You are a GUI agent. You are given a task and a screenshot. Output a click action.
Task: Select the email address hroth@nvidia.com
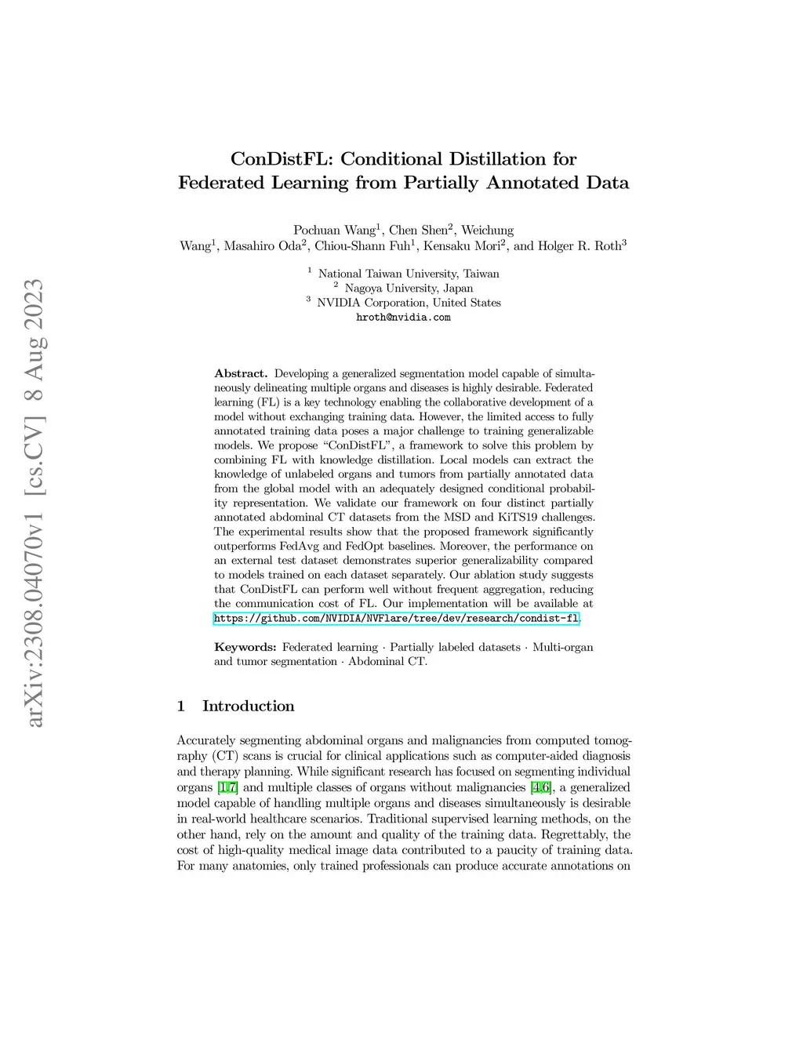(403, 318)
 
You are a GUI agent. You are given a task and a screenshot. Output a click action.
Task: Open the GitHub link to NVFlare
(396, 619)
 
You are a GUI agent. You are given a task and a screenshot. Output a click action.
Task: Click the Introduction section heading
(248, 706)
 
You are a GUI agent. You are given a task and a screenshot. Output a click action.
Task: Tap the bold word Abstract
(241, 373)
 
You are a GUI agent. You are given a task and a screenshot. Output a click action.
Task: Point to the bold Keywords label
(245, 647)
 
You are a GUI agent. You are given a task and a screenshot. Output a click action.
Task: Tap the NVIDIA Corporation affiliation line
(408, 303)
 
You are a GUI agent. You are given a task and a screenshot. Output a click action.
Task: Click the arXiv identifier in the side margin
(35, 502)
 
